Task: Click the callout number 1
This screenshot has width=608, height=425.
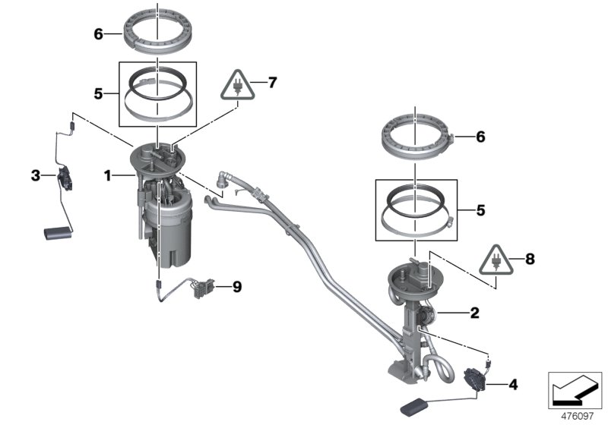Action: pyautogui.click(x=108, y=176)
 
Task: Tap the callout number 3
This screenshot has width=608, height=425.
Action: pyautogui.click(x=35, y=176)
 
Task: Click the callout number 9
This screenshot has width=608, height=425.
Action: pyautogui.click(x=236, y=286)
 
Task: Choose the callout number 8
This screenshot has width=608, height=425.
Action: pyautogui.click(x=530, y=259)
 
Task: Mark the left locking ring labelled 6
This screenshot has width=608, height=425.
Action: pyautogui.click(x=157, y=36)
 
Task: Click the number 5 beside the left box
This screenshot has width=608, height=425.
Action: pyautogui.click(x=98, y=94)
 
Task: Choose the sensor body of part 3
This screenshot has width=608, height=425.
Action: pyautogui.click(x=65, y=181)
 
